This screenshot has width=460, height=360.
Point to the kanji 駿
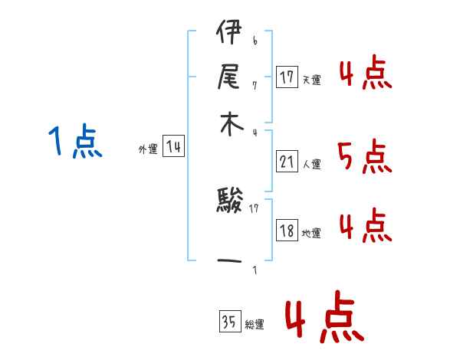click(230, 205)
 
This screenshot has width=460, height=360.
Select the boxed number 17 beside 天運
click(287, 77)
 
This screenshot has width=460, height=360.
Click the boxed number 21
click(287, 162)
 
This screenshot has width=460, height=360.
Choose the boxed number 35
click(228, 322)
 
